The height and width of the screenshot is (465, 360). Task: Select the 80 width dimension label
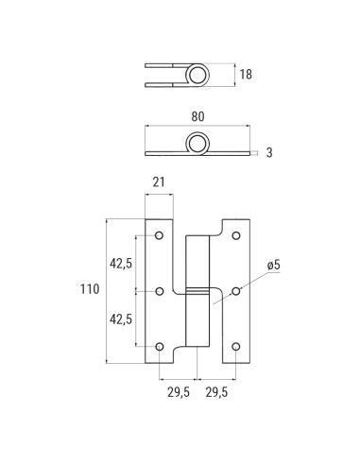pyautogui.click(x=197, y=116)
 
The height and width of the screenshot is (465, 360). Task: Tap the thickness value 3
pyautogui.click(x=269, y=151)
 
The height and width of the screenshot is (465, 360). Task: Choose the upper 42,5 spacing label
pyautogui.click(x=121, y=264)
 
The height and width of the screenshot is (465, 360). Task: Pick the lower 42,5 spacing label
pyautogui.click(x=121, y=319)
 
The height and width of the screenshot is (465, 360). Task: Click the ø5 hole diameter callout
pyautogui.click(x=274, y=266)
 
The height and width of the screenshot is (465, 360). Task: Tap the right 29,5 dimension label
pyautogui.click(x=216, y=390)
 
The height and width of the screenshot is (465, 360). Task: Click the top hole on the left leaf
pyautogui.click(x=159, y=235)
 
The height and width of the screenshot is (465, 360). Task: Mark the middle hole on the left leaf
pyautogui.click(x=159, y=291)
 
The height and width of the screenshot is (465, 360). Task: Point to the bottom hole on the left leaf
pyautogui.click(x=159, y=347)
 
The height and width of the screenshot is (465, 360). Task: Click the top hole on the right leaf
pyautogui.click(x=236, y=235)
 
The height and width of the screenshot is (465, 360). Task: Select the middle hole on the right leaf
pyautogui.click(x=236, y=291)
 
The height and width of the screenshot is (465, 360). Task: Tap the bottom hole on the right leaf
pyautogui.click(x=236, y=347)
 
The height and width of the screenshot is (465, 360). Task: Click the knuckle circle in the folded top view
pyautogui.click(x=197, y=75)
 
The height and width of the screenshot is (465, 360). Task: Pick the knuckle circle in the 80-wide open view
pyautogui.click(x=197, y=144)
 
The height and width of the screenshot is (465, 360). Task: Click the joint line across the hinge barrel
pyautogui.click(x=197, y=289)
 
